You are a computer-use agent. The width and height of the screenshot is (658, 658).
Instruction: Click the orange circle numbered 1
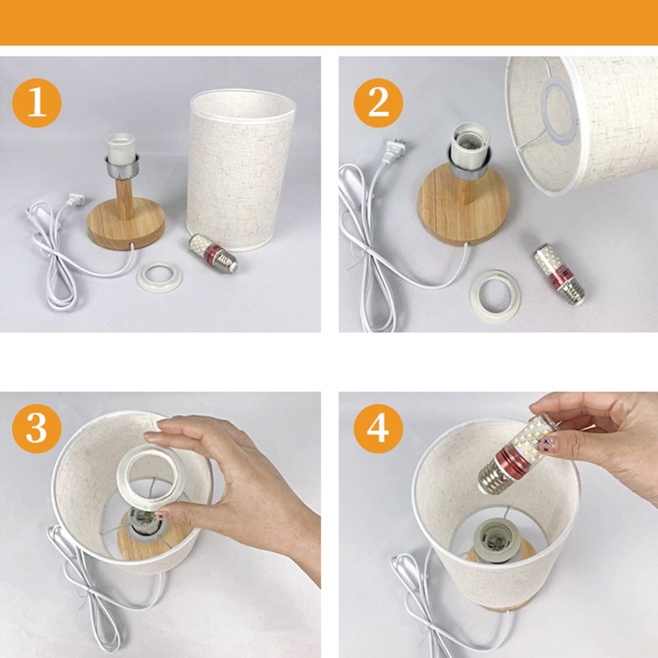point(37,103)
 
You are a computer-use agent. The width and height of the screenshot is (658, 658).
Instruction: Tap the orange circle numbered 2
point(378,103)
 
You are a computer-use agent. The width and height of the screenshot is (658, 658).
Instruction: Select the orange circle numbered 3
point(37,429)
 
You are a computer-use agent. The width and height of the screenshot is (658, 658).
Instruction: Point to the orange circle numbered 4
point(378,429)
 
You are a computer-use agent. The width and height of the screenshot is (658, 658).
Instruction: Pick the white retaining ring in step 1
point(159,277)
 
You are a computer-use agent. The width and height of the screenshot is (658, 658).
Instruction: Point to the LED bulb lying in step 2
point(560,274)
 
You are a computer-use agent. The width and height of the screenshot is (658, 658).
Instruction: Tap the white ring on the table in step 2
point(495,297)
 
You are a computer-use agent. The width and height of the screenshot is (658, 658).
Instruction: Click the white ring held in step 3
point(152,474)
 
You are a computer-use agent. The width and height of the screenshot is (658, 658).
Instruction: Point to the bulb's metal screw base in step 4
point(492,479)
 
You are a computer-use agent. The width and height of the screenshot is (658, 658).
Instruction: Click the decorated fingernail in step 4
point(546,445)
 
